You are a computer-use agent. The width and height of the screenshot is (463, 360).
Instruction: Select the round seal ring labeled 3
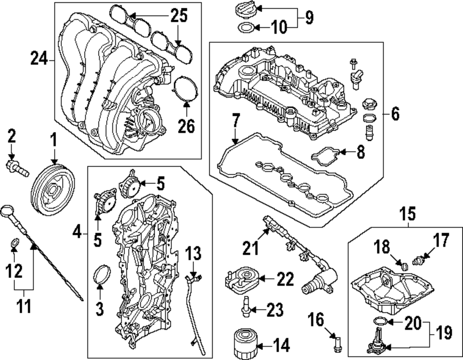(101, 276)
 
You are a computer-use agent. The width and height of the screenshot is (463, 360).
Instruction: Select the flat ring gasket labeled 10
(245, 28)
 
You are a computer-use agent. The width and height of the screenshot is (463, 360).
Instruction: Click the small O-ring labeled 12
(14, 242)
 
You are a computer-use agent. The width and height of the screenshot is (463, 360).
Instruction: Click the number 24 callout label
(39, 59)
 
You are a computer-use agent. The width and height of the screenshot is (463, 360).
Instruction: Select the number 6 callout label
(394, 114)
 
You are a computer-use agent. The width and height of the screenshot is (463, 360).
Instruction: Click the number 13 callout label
(194, 254)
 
